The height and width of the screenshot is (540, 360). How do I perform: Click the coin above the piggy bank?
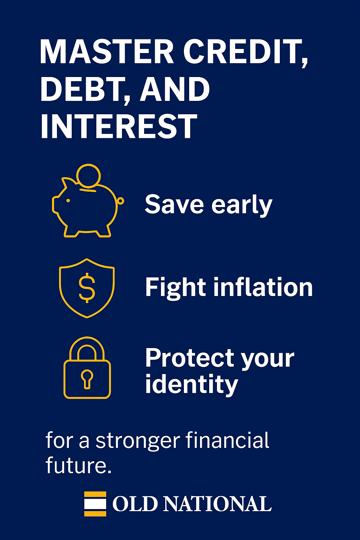tap(89, 175)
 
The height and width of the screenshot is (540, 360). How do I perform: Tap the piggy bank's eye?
tap(68, 201)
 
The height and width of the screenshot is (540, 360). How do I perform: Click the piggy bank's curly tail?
tap(120, 201)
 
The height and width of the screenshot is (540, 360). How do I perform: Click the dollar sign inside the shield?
tap(87, 288)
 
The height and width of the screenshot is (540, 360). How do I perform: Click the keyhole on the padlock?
tap(87, 379)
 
